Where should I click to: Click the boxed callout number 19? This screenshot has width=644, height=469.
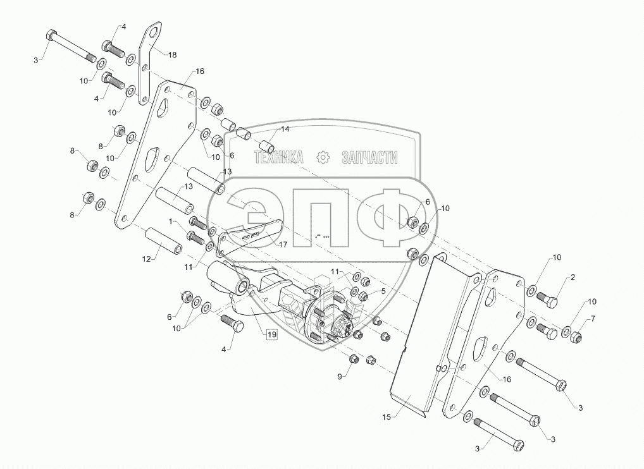(x=270, y=334)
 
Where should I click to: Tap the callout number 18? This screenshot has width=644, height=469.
(x=171, y=55)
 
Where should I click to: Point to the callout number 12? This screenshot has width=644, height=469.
(x=147, y=259)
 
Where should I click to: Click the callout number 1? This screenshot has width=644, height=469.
(x=170, y=221)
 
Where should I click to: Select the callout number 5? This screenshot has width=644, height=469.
(x=383, y=291)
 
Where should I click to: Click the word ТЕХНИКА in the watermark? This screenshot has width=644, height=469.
(x=279, y=158)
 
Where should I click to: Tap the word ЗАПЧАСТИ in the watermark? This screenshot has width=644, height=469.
(x=369, y=158)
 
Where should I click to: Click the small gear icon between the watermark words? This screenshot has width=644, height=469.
(x=323, y=157)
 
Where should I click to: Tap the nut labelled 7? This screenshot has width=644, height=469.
(x=576, y=338)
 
